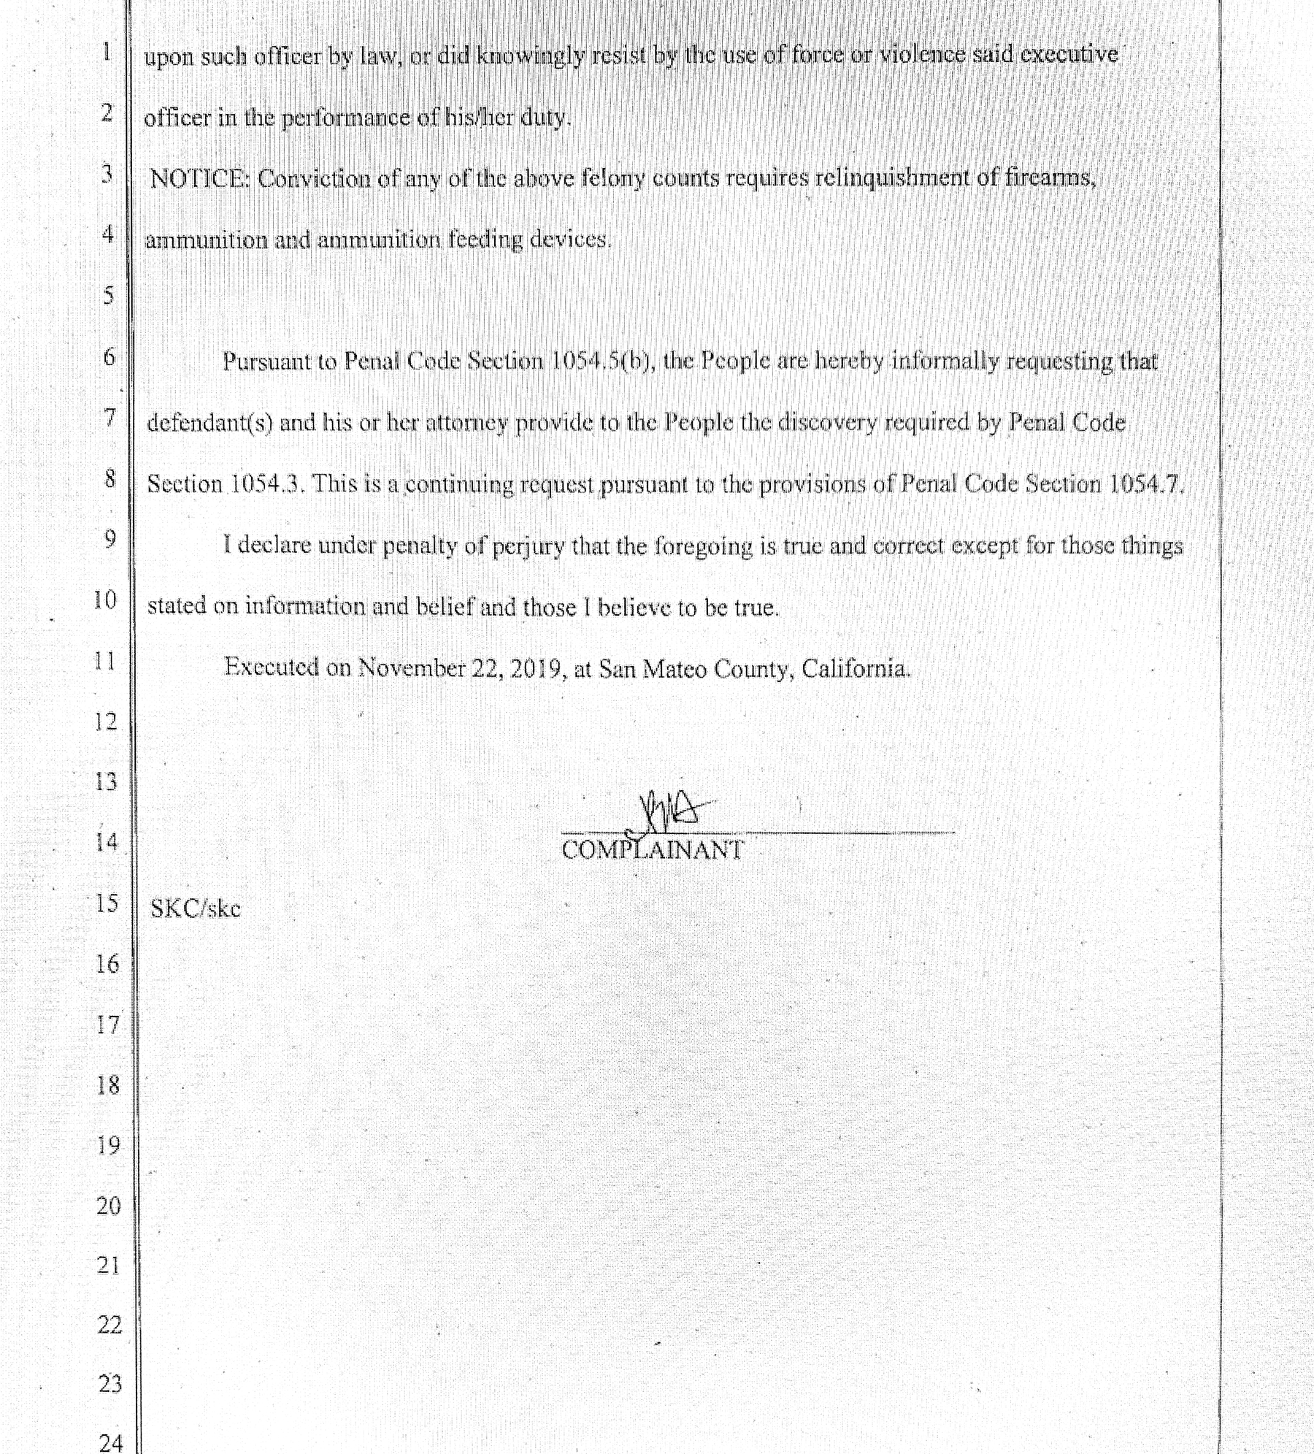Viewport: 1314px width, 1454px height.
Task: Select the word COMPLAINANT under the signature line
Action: (x=653, y=850)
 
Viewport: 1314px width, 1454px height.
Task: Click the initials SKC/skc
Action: (x=195, y=909)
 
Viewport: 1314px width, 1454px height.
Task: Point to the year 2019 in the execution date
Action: (x=534, y=668)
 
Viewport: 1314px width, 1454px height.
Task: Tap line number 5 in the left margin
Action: (x=108, y=295)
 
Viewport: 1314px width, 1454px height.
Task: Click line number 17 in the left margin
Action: (x=107, y=1025)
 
